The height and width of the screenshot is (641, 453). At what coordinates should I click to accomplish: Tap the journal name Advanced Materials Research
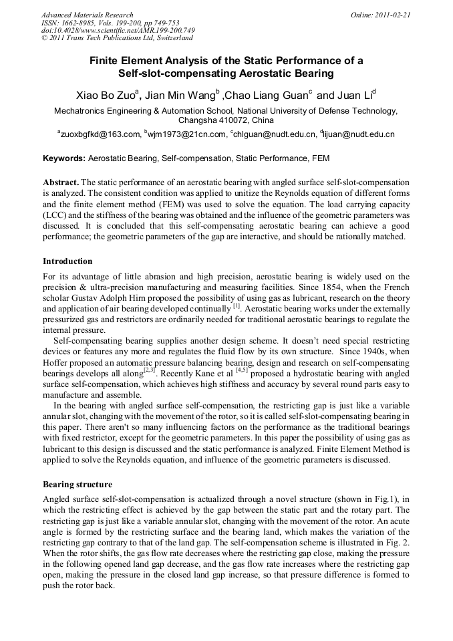(87, 15)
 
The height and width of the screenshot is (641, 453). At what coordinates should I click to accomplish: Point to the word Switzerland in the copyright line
(170, 38)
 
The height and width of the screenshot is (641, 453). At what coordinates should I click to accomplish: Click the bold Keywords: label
(64, 159)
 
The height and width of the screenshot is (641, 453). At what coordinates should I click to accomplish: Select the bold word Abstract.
(61, 182)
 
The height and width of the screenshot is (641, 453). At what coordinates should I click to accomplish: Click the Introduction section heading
(67, 261)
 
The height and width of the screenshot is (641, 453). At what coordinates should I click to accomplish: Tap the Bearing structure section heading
(78, 484)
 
